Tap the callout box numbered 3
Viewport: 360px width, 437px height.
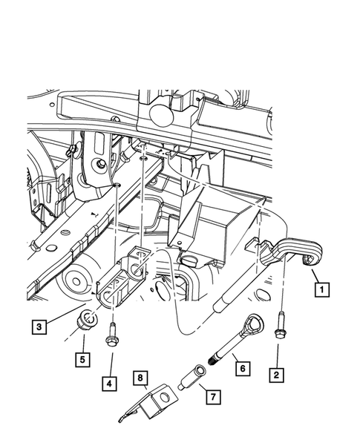click(x=39, y=324)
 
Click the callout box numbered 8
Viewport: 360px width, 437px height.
click(x=140, y=378)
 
